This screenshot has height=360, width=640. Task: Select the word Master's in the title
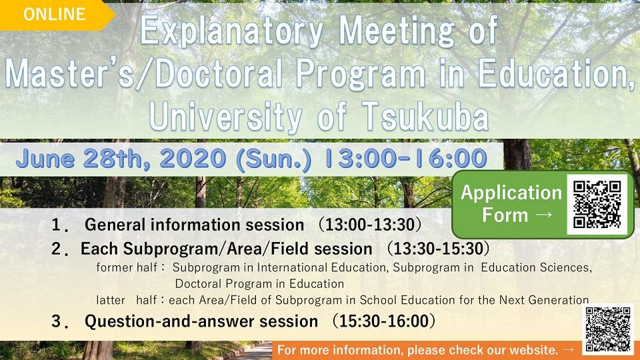coord(67,75)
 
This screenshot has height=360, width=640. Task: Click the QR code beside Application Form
coord(597,204)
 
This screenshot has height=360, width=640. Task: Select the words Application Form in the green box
coord(512,204)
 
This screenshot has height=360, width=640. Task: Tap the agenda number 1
coord(59,224)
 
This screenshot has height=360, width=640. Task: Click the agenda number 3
coord(59,321)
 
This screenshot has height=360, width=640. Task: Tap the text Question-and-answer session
coord(201,321)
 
